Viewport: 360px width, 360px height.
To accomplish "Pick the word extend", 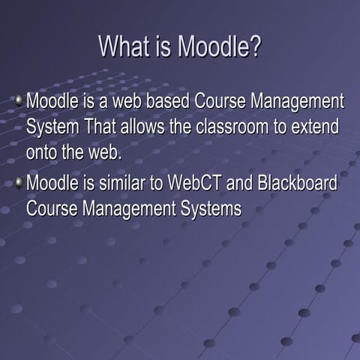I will pos(319,127).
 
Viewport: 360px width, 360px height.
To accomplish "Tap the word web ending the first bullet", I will pos(101,154).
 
